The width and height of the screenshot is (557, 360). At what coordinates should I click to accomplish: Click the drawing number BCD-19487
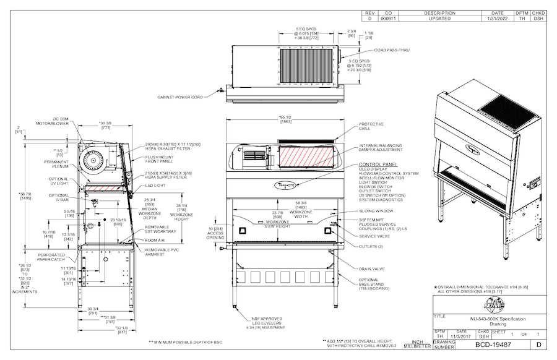tap(493, 345)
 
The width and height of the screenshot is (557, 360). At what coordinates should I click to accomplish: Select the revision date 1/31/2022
tap(497, 19)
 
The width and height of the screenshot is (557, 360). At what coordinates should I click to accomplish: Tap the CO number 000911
tap(388, 19)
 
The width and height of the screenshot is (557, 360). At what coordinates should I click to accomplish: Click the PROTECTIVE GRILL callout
tap(371, 126)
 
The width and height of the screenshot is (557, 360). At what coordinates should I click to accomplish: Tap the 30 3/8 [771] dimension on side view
tap(105, 124)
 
